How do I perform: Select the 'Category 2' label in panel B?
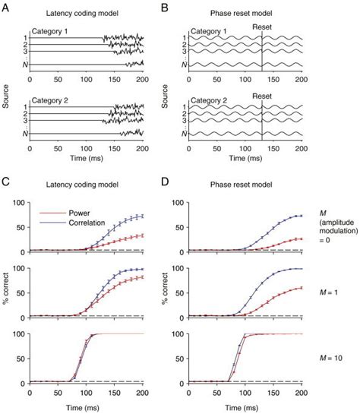208,99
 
